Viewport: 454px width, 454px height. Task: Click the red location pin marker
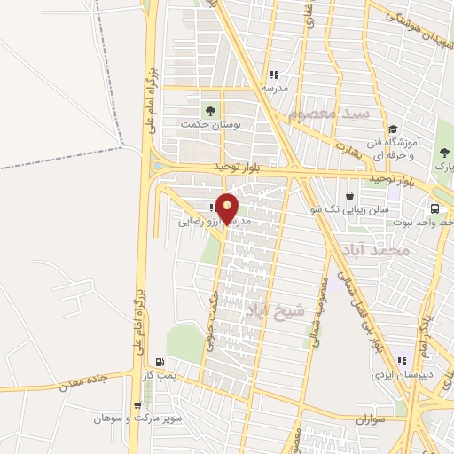(228, 207)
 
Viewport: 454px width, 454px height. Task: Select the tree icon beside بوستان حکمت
(210, 111)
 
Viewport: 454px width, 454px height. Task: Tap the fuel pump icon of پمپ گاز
(160, 361)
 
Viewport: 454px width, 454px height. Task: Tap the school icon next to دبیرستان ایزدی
(402, 361)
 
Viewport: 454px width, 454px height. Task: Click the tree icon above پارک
(444, 152)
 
